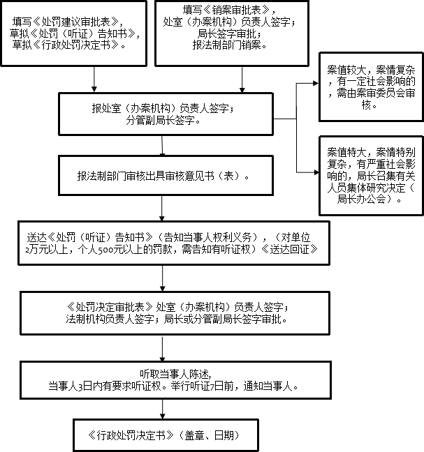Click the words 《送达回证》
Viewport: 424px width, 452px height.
click(290, 248)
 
